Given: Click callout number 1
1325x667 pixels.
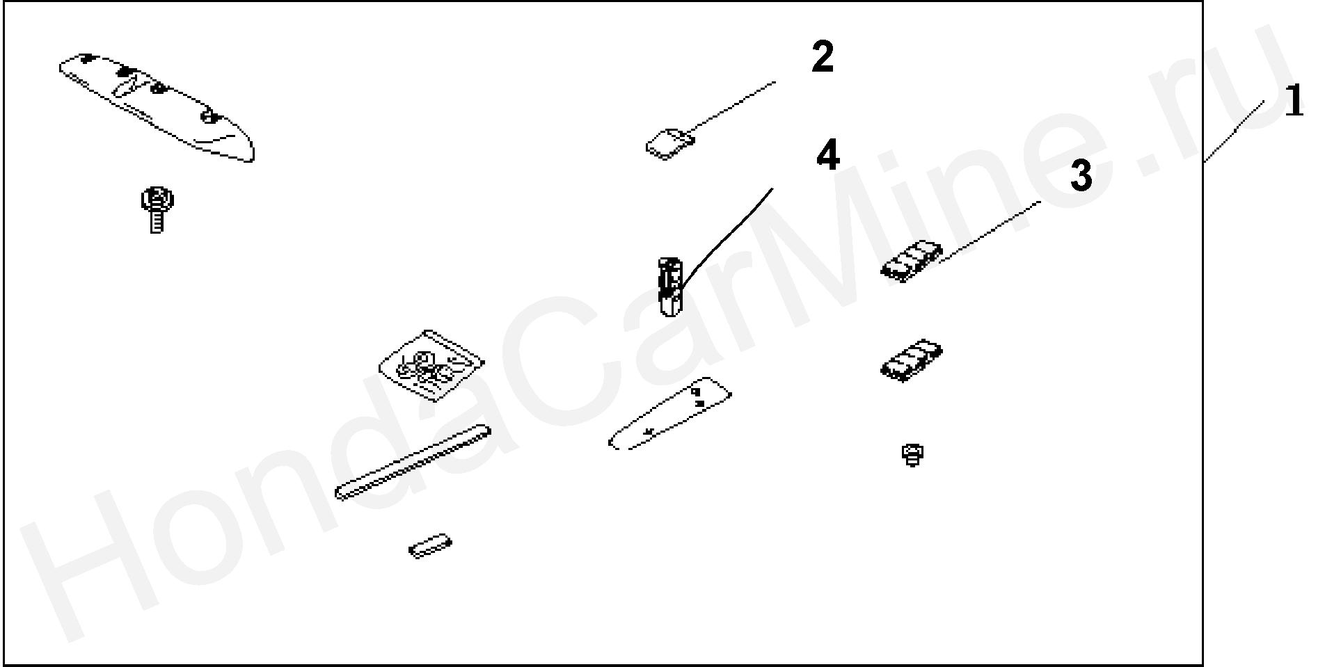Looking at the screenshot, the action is point(1293,102).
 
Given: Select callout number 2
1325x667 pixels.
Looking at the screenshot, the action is point(823,57).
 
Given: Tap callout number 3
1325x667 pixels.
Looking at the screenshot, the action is point(1081,176).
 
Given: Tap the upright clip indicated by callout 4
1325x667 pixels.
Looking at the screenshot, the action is point(670,286).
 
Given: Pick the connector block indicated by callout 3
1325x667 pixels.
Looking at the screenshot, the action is point(912,261).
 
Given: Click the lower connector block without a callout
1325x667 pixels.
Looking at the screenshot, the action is point(912,360).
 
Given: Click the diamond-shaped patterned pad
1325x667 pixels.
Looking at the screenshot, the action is point(431,366).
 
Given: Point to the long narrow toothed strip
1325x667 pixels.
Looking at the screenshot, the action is point(413,463).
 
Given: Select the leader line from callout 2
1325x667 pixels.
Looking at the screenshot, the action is point(731,107).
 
